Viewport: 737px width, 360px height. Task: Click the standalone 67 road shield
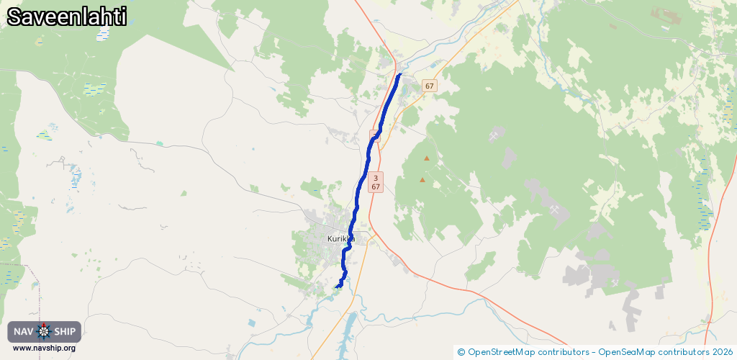point(430,86)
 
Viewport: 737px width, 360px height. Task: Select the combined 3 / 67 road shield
point(376,182)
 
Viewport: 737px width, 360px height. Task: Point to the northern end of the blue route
point(399,74)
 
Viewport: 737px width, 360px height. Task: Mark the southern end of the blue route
point(337,287)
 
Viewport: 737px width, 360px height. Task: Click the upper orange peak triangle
point(427,158)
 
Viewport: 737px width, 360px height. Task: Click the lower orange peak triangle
point(422,179)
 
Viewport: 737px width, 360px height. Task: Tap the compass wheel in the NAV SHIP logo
point(44,332)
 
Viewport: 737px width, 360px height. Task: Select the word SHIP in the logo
point(65,332)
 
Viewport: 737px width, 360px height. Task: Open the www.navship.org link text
point(44,348)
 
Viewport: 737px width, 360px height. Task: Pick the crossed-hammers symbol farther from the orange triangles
point(555,208)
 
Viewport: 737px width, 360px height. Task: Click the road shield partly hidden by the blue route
point(375,135)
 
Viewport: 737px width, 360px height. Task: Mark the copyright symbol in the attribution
point(461,352)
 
